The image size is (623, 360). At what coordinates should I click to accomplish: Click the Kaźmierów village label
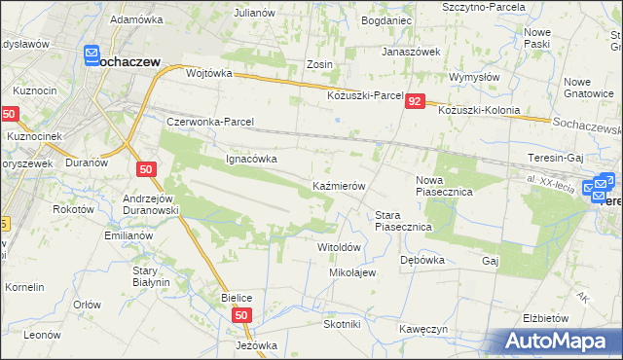[338, 185]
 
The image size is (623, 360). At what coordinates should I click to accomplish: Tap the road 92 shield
[416, 102]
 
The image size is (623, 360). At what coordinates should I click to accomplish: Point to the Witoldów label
[340, 247]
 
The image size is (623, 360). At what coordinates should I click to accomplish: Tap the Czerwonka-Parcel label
[210, 123]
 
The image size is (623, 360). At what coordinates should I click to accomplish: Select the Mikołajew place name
[352, 272]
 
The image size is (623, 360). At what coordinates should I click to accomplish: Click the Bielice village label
[238, 297]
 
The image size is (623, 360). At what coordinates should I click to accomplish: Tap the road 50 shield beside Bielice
[243, 314]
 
